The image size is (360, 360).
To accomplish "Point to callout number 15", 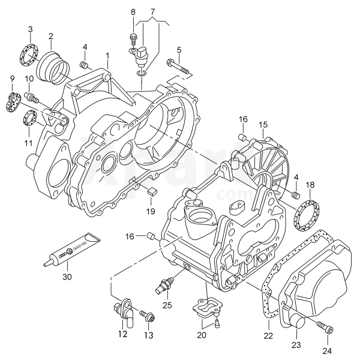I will [x=262, y=124].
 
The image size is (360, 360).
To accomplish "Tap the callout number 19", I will [x=150, y=211].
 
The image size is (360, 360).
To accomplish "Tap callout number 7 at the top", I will [x=152, y=11].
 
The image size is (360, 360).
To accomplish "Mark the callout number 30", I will [x=66, y=277].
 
